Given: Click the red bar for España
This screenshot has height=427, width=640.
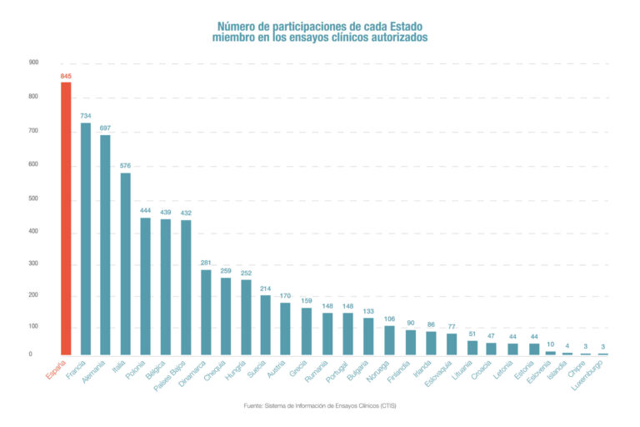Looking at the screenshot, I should tap(66, 219).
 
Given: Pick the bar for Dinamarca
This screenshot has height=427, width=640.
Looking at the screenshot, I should tap(206, 312).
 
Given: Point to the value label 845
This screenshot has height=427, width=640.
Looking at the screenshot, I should tap(66, 76).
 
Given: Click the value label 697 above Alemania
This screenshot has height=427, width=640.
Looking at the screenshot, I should tap(106, 128).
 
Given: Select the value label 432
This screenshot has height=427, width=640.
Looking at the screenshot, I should tap(186, 213).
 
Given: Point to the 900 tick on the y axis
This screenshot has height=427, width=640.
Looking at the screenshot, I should tap(33, 63).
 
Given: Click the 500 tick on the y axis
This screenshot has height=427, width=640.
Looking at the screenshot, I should tap(33, 198).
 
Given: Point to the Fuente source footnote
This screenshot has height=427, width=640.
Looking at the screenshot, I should tap(320, 404).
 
